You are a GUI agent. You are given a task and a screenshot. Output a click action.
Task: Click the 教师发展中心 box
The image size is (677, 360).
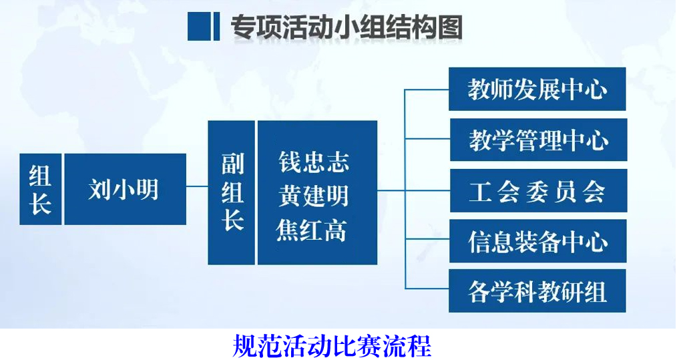pyautogui.click(x=537, y=89)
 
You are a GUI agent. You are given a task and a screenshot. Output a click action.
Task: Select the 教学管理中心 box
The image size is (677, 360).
pyautogui.click(x=538, y=140)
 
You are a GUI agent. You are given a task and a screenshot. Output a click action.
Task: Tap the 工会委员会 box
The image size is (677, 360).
pyautogui.click(x=538, y=190)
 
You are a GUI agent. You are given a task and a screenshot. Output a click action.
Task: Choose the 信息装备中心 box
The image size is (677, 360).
pyautogui.click(x=538, y=240)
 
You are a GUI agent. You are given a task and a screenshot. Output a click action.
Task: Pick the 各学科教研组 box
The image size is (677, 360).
pyautogui.click(x=537, y=291)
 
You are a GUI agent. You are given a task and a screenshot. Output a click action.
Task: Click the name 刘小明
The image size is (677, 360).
pyautogui.click(x=124, y=189)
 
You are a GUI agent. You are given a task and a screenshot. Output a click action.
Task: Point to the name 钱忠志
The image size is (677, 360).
pyautogui.click(x=314, y=162)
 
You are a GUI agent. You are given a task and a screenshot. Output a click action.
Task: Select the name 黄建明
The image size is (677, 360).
pyautogui.click(x=314, y=195)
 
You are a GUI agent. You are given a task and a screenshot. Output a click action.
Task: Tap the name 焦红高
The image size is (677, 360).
pyautogui.click(x=312, y=230)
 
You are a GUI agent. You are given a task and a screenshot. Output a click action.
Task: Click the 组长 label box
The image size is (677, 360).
pyautogui.click(x=41, y=189)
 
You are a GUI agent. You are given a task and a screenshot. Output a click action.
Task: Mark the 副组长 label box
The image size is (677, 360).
pyautogui.click(x=232, y=193)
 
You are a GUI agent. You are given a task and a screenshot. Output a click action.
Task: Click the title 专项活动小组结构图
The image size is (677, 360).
pyautogui.click(x=347, y=27)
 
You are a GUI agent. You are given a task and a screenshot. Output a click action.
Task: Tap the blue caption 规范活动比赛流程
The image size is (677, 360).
pyautogui.click(x=332, y=346)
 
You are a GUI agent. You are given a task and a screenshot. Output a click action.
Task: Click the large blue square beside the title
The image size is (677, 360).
pyautogui.click(x=198, y=27)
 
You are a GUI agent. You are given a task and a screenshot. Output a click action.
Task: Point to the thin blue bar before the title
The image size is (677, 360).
pyautogui.click(x=216, y=27)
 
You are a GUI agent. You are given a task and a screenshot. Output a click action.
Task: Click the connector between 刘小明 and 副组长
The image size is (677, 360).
pyautogui.click(x=198, y=186)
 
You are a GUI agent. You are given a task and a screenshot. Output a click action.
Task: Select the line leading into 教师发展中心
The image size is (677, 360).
pyautogui.click(x=427, y=89)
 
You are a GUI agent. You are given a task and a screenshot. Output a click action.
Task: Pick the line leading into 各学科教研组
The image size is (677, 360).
pyautogui.click(x=427, y=289)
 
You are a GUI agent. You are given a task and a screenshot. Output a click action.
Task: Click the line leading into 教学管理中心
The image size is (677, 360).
pyautogui.click(x=427, y=138)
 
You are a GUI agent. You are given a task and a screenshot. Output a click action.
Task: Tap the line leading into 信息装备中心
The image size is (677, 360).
pyautogui.click(x=427, y=238)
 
